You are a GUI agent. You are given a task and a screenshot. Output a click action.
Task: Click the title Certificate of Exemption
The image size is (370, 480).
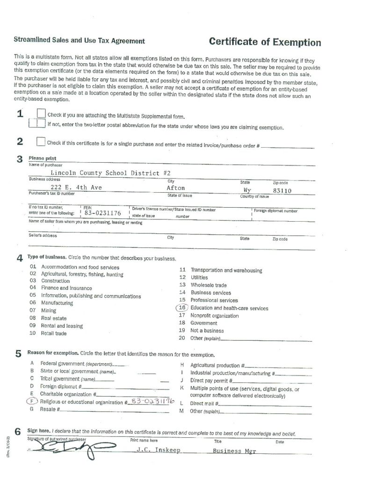pos(265,43)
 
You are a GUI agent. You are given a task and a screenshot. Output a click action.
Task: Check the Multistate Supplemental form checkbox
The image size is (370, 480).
pos(41,114)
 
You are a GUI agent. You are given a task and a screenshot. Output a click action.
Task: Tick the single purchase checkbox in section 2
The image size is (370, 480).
pos(41,142)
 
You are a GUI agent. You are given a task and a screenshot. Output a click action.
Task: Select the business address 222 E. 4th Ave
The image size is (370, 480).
pos(79,188)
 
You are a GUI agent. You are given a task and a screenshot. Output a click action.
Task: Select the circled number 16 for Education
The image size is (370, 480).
pos(182,308)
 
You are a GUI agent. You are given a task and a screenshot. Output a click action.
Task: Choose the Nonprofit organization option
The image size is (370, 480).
pos(214,315)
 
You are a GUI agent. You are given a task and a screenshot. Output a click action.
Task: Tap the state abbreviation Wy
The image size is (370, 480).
pos(247,190)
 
